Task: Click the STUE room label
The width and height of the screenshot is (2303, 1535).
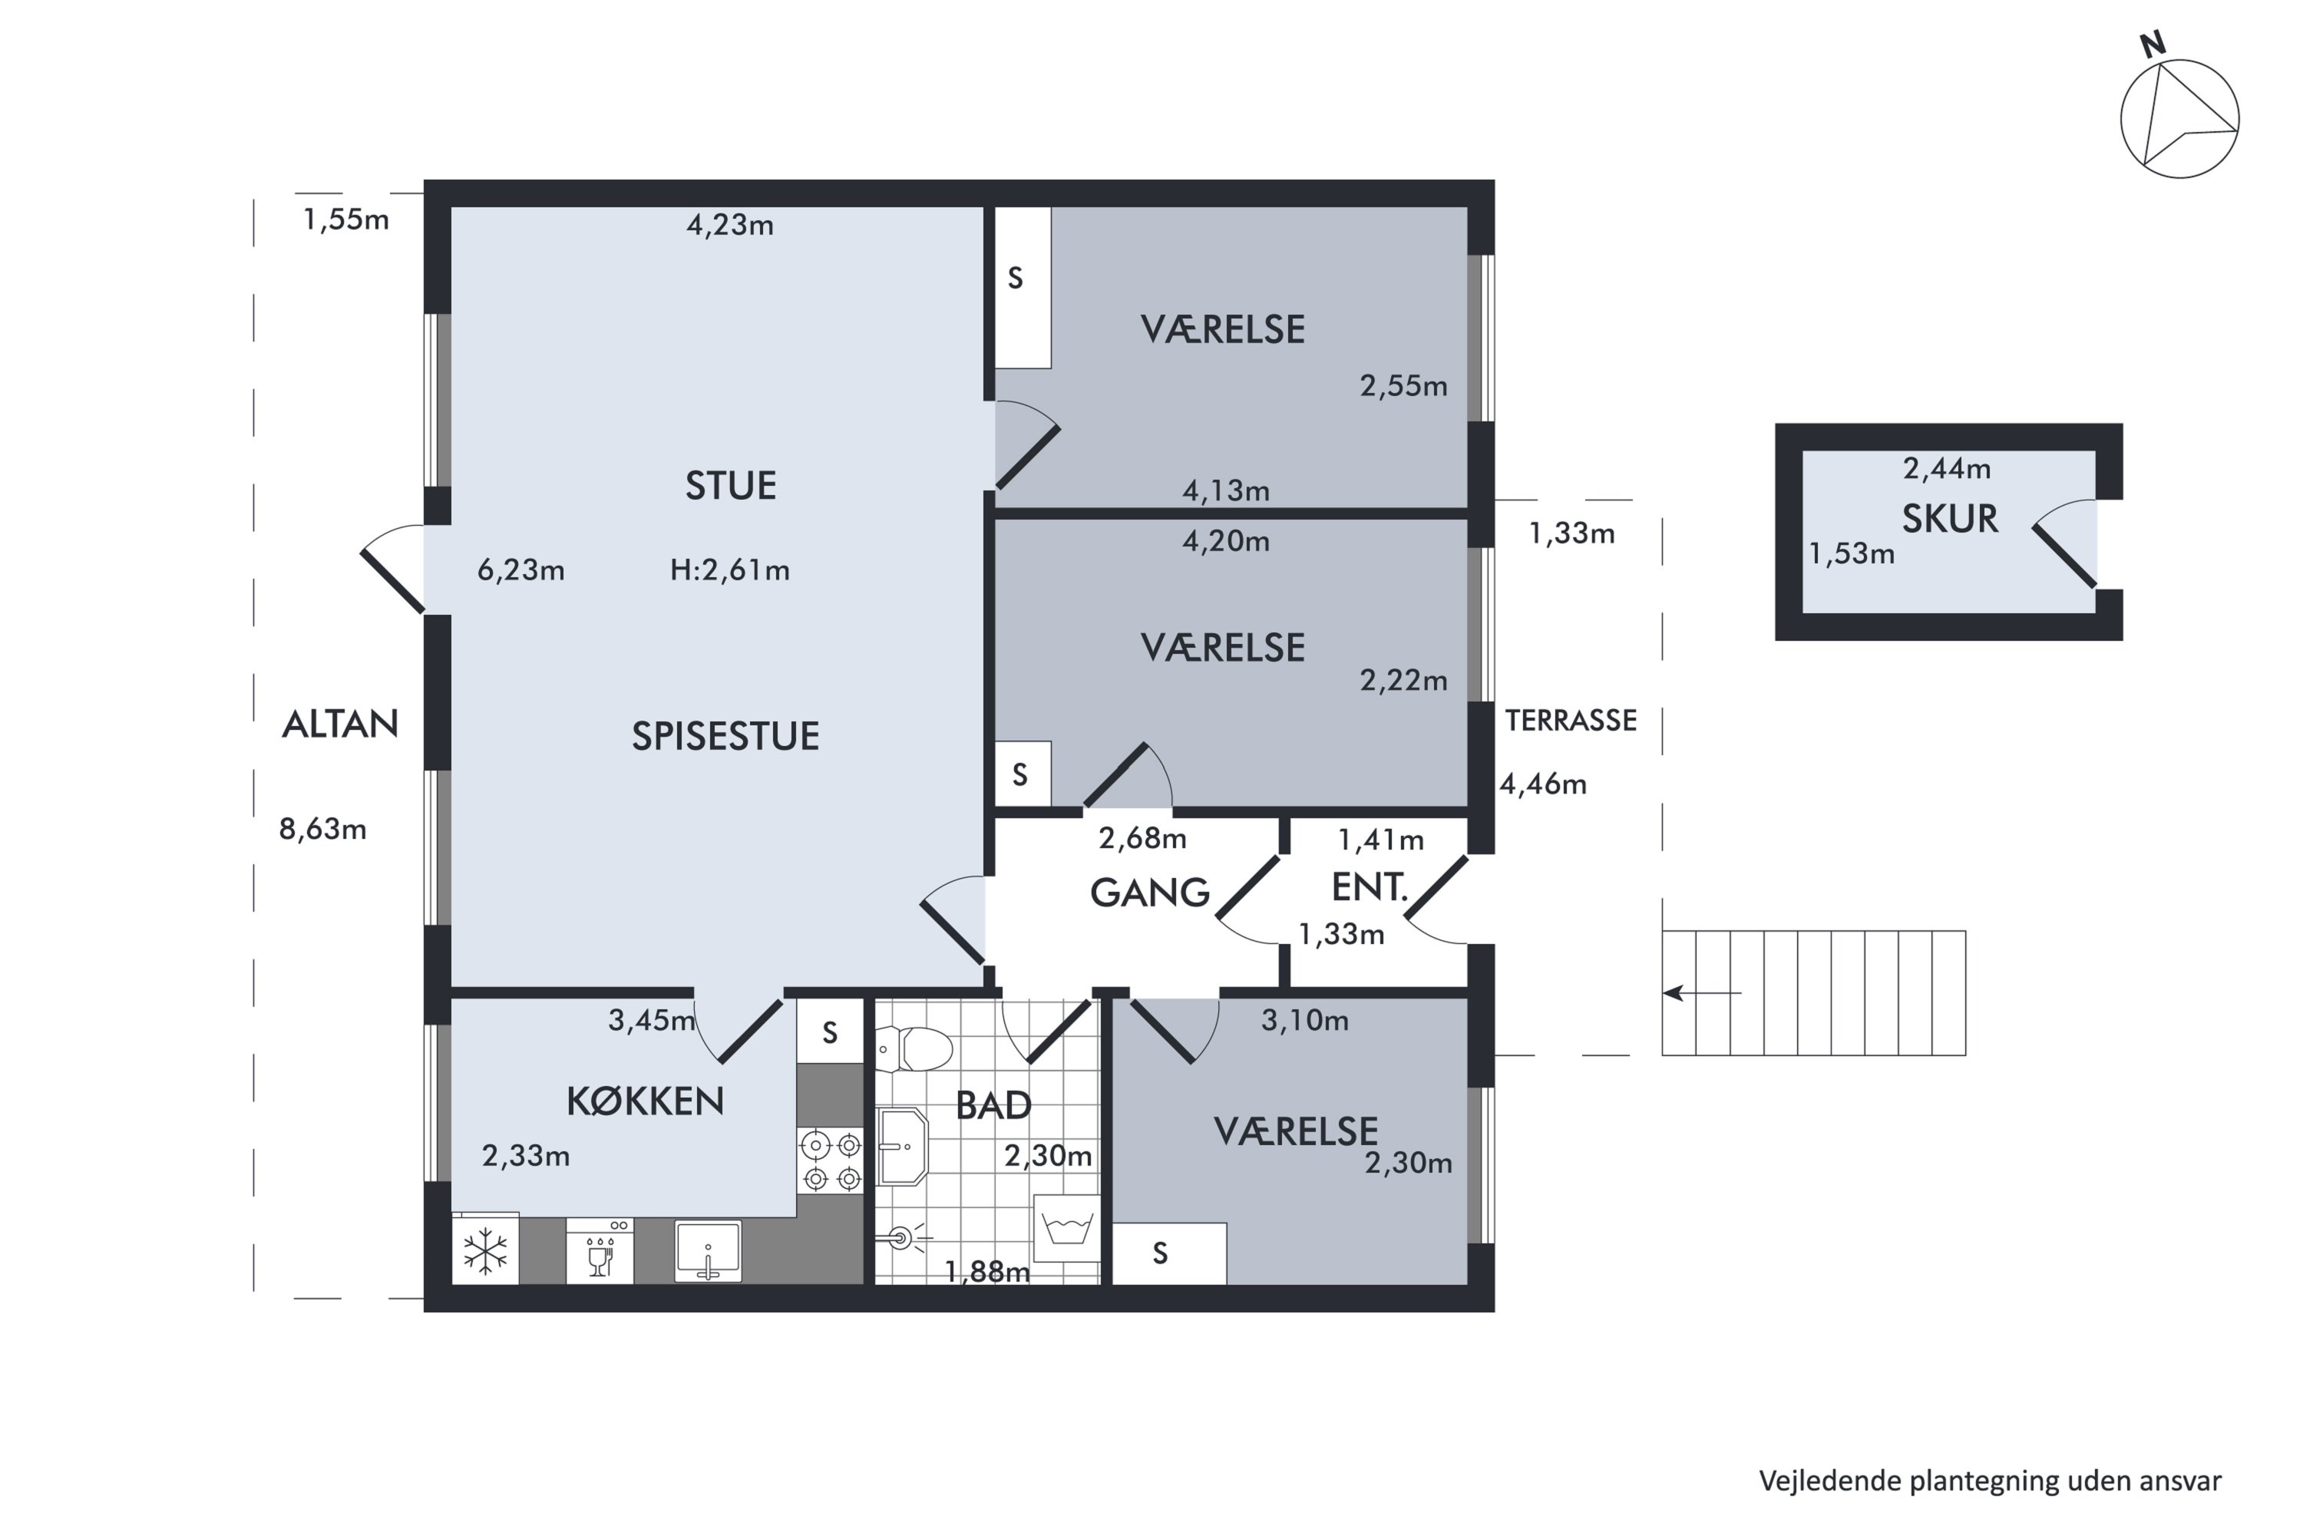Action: pos(731,486)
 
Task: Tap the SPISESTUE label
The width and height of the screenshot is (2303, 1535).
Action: pos(725,736)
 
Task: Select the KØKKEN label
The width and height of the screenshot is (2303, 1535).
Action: pos(646,1101)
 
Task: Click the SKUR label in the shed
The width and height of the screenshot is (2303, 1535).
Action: pos(1950,519)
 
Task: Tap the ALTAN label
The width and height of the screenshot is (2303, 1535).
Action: pos(340,725)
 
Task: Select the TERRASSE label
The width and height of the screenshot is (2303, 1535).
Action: pos(1571,721)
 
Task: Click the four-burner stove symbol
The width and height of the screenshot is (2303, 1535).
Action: pos(831,1161)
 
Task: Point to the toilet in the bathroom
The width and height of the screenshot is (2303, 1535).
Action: pos(914,1049)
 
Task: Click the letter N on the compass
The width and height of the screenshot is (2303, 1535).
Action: pos(2153,44)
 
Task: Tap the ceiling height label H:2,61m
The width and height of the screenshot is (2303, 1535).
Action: pos(729,569)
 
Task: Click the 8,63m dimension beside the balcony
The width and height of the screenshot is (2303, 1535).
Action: pos(322,829)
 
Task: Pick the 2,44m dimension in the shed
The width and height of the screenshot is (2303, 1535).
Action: pos(1947,469)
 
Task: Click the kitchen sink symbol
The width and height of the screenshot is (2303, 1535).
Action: pos(708,1251)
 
